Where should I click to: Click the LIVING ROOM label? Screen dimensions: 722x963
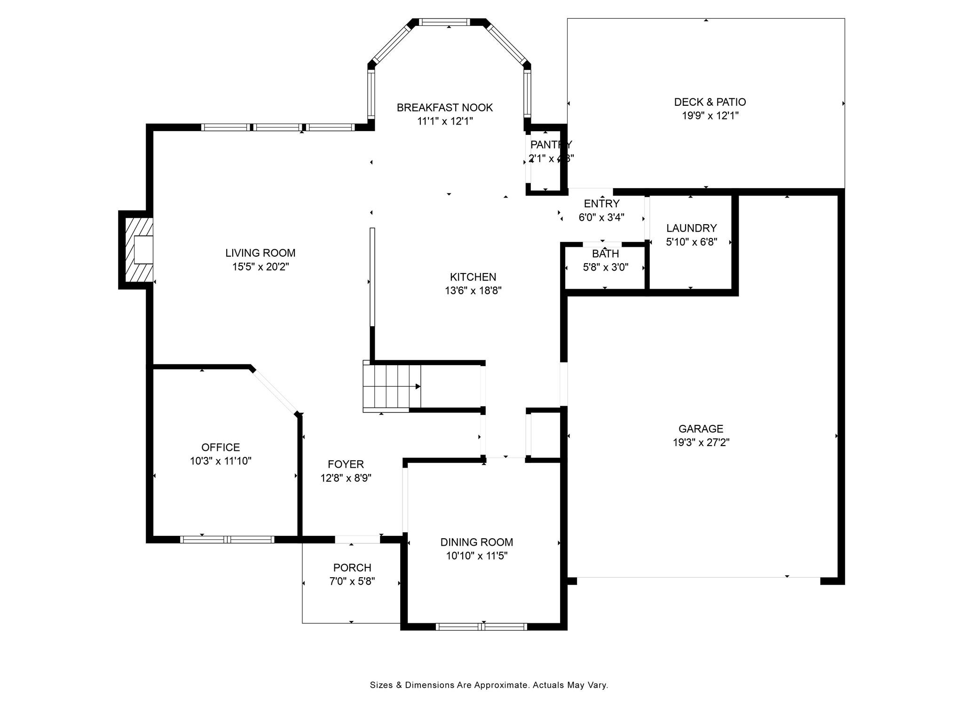(260, 253)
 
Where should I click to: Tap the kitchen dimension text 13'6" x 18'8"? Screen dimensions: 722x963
(473, 291)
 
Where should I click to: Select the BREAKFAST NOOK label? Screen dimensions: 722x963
(444, 108)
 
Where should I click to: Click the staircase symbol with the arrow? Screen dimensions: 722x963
(392, 386)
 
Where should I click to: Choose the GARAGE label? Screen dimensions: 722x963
(701, 429)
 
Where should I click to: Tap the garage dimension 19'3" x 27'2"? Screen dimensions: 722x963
(701, 443)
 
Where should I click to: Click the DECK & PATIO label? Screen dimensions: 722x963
(710, 102)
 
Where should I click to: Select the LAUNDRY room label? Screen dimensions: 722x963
(691, 228)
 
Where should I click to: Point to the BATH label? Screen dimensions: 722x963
(605, 254)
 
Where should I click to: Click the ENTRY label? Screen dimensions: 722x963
(601, 204)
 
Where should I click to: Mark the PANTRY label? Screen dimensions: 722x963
(551, 145)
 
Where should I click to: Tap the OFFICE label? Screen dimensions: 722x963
(221, 447)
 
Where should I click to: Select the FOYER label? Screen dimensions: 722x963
(346, 464)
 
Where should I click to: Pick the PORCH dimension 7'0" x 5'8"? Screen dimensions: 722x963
(352, 581)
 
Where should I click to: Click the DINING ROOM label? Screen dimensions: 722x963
(476, 542)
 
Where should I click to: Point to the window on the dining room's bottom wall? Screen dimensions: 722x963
(481, 627)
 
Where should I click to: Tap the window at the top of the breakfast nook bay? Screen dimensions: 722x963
(444, 22)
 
